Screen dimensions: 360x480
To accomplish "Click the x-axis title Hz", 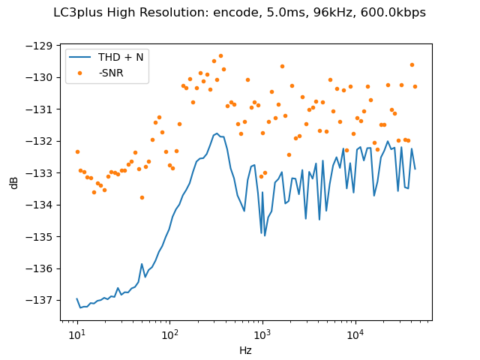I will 245,350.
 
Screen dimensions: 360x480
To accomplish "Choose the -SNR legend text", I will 111,73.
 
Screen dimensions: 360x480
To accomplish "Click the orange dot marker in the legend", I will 81,73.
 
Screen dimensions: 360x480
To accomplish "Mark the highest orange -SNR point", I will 220,55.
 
